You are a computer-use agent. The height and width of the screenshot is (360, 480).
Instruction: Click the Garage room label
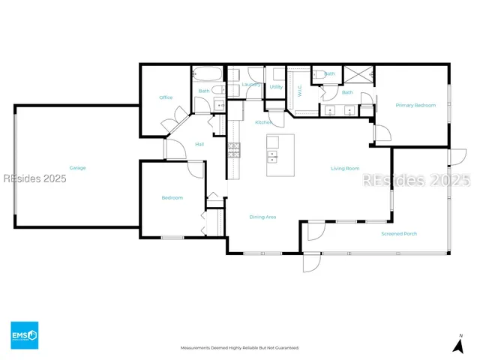coord(77,168)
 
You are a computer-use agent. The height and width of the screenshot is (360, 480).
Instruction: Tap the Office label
coord(166,97)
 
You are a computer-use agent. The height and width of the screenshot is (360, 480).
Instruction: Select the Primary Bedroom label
coord(415,106)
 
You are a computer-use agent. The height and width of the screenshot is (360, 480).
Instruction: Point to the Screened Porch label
coord(399,234)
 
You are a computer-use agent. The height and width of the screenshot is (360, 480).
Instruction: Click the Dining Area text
coord(262,217)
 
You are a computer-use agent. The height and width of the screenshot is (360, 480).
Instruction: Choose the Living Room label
coord(345,169)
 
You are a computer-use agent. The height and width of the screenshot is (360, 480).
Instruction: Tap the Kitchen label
coord(262,122)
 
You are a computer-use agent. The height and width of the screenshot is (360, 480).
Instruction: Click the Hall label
coord(199,144)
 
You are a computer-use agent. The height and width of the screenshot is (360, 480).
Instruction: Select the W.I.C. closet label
coord(300,91)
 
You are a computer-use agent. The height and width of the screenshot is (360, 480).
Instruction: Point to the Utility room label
coord(276,87)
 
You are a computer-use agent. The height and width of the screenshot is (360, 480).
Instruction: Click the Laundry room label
coord(251,85)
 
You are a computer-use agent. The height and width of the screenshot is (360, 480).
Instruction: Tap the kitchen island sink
coord(272,157)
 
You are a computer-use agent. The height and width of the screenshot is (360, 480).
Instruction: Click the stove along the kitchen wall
coord(233,148)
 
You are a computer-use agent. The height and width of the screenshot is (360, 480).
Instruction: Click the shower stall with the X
coord(358,73)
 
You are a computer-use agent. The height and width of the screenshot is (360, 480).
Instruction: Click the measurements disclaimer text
coord(239,348)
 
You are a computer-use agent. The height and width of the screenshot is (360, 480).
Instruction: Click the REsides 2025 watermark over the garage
coord(34,178)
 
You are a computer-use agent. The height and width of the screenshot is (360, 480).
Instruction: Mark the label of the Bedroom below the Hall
coord(172,198)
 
